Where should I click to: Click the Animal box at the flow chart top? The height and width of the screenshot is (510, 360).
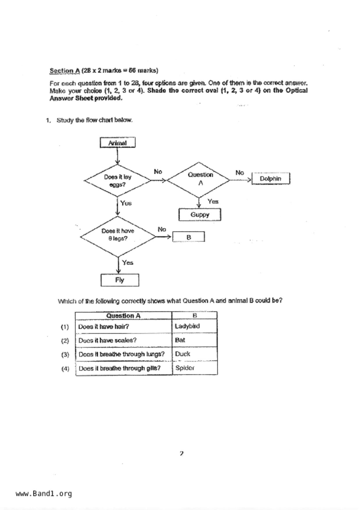coord(117,143)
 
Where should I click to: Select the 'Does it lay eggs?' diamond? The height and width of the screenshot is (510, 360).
coord(117,181)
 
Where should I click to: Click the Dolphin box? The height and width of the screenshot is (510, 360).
coord(271,179)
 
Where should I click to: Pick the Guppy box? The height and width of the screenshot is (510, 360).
coord(200,215)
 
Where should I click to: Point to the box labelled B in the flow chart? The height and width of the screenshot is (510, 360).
coord(189,237)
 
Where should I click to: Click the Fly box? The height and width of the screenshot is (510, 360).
coord(120,280)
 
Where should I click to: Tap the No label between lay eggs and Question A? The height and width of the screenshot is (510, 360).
coord(158,172)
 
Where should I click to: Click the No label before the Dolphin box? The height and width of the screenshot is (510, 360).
coord(239,173)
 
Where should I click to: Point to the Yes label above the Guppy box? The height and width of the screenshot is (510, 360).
coord(213,201)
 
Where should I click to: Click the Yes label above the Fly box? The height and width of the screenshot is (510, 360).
coord(128,263)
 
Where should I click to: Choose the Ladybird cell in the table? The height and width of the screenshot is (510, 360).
coord(194,326)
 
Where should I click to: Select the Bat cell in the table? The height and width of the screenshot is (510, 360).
coord(194,340)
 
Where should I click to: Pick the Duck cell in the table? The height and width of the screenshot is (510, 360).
coord(194,354)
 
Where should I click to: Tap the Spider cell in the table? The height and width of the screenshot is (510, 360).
coord(194,368)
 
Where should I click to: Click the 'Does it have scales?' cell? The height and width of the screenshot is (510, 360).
coord(123,340)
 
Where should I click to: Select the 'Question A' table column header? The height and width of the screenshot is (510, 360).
coord(123,315)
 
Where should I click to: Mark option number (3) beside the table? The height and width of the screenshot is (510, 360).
coord(65,355)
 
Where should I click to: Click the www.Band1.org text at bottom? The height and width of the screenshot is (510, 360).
coord(44,494)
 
